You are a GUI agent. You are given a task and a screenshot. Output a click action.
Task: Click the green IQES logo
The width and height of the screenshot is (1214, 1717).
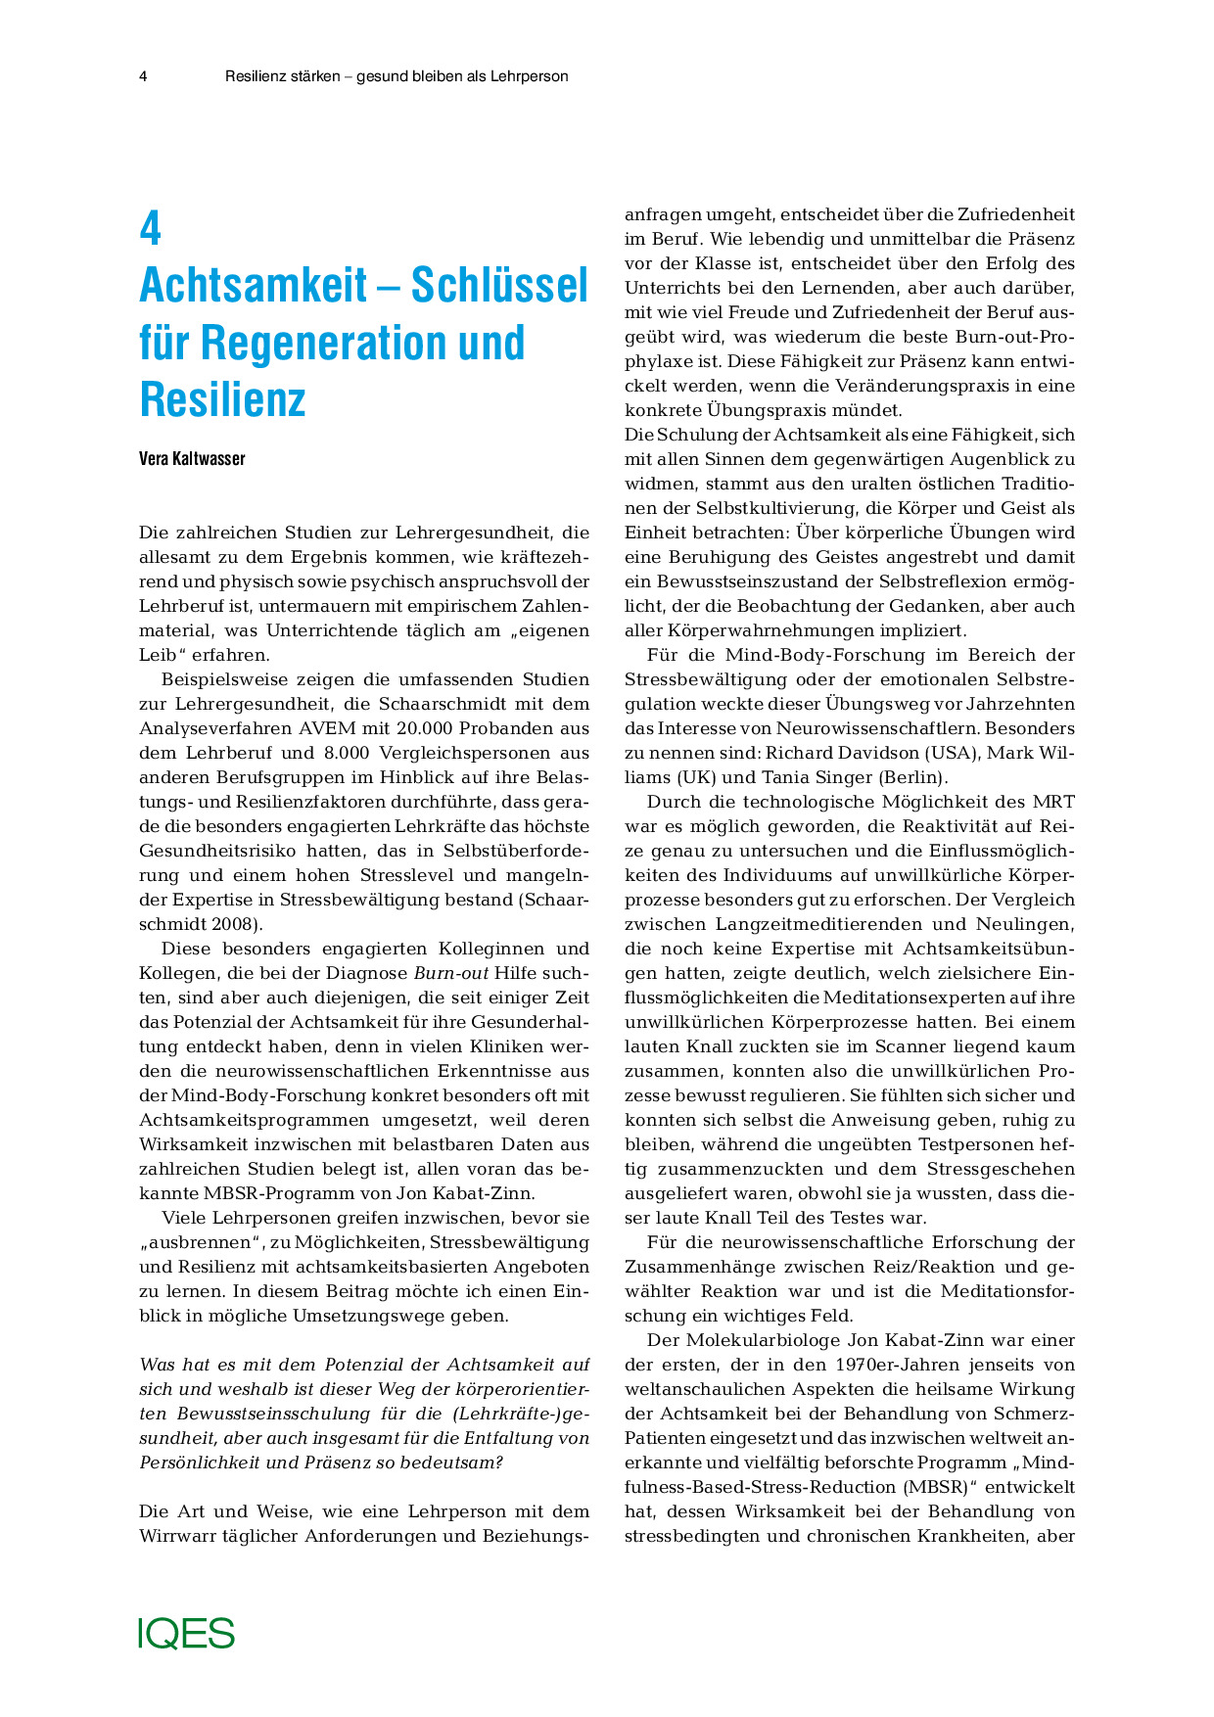pos(187,1633)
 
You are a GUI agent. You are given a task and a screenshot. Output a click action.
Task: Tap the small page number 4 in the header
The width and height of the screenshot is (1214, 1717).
pos(144,76)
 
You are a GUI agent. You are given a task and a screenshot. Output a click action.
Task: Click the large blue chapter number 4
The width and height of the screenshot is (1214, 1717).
pos(150,228)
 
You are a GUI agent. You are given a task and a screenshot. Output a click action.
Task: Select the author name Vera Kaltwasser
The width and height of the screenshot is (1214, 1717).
pos(192,459)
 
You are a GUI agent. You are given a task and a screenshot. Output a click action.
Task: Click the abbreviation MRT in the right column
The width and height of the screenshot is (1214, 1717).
pos(1054,802)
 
